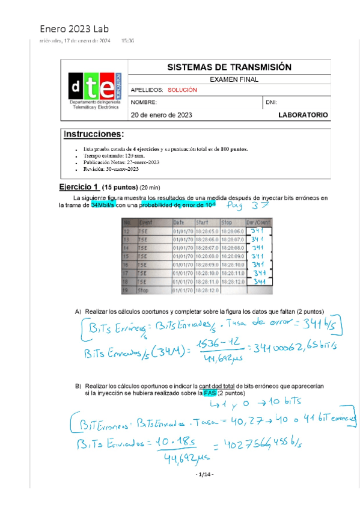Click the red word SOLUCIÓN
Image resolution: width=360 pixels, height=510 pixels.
pyautogui.click(x=182, y=90)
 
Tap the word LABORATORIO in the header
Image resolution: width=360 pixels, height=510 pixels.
pyautogui.click(x=303, y=114)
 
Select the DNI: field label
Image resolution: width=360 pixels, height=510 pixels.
pyautogui.click(x=271, y=102)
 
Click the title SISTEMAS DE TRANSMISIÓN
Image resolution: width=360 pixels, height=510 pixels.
pyautogui.click(x=228, y=67)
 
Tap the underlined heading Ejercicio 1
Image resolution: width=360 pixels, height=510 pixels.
pyautogui.click(x=79, y=186)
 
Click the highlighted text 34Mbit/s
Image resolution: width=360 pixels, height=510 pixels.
pyautogui.click(x=103, y=205)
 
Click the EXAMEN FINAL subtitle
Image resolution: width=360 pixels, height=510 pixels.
pyautogui.click(x=234, y=79)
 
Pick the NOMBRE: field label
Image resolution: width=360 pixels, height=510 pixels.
pyautogui.click(x=144, y=102)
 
